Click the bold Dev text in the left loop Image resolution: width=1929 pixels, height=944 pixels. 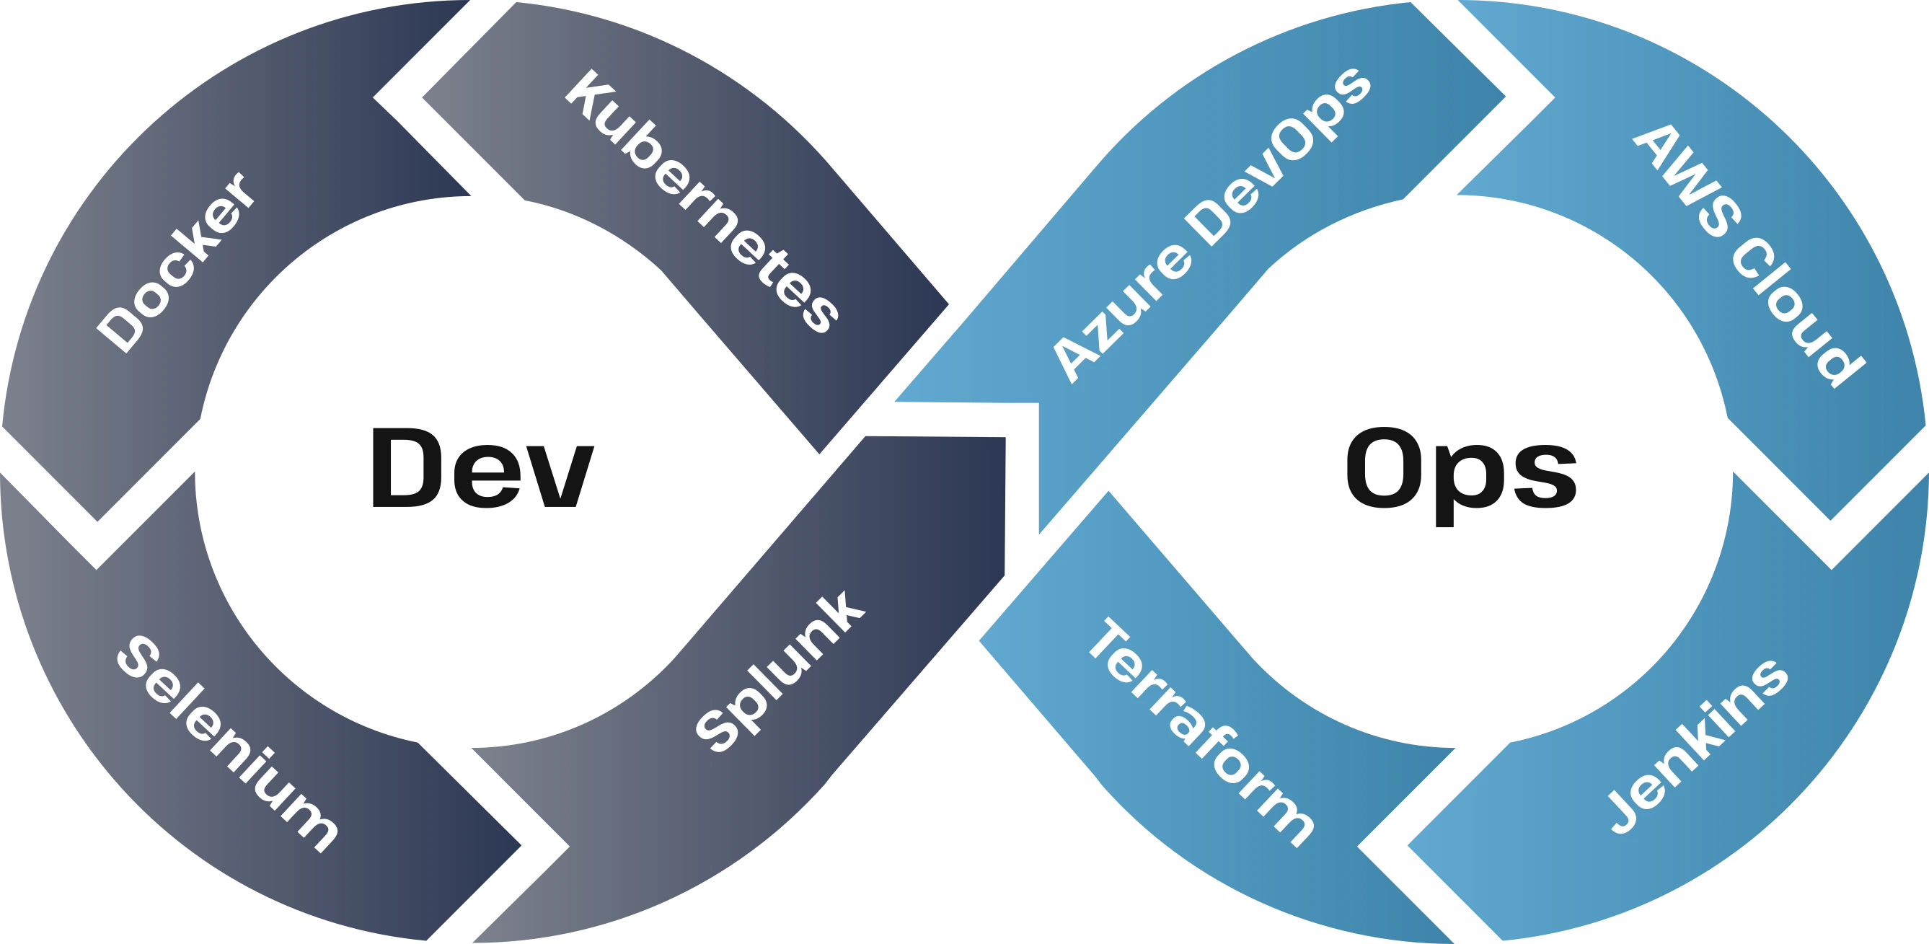tap(483, 468)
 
